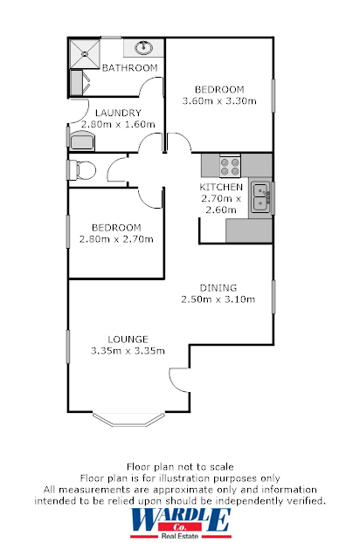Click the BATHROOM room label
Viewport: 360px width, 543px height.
(130, 68)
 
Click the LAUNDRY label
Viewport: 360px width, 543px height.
(114, 113)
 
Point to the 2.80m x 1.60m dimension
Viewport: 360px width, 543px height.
(117, 124)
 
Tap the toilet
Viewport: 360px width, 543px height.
(82, 169)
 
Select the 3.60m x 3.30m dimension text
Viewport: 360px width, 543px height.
(218, 101)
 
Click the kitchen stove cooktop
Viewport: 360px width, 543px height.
(230, 164)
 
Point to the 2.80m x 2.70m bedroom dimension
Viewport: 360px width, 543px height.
(116, 239)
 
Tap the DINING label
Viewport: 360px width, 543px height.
(218, 287)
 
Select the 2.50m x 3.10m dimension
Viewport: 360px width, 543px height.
(218, 299)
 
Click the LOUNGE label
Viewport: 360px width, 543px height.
(128, 339)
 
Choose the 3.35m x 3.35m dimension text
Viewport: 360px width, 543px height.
(128, 351)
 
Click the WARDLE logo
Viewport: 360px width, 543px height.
(180, 521)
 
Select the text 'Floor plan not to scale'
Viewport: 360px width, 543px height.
(180, 468)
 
